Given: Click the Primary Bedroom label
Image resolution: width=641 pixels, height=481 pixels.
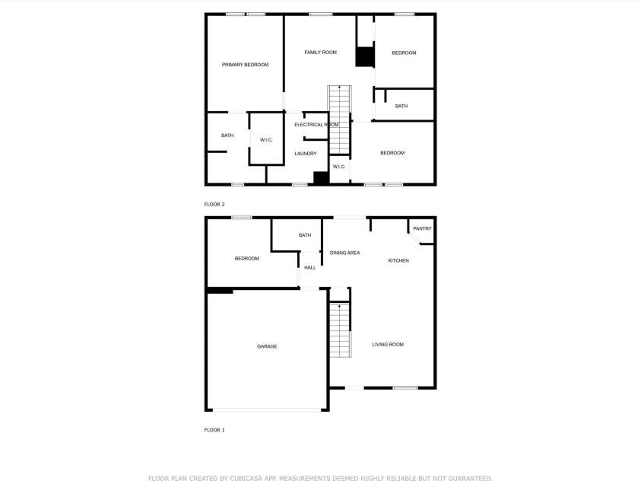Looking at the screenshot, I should [245, 65].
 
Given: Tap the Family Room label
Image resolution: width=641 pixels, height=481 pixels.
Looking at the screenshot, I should [320, 53].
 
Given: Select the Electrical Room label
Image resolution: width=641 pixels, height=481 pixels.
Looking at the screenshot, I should [316, 125].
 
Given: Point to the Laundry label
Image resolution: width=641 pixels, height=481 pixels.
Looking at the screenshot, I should [305, 154].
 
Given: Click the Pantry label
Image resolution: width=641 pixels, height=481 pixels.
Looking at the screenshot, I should [422, 228].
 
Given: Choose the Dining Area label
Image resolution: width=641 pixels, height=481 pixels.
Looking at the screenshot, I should [344, 253].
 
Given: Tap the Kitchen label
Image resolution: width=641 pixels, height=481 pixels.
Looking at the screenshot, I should [398, 261].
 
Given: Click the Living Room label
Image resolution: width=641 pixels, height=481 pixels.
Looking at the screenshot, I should [388, 345].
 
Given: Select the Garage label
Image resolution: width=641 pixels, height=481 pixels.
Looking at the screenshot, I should [267, 346].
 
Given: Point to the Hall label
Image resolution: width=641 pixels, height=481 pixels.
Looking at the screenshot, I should [310, 268].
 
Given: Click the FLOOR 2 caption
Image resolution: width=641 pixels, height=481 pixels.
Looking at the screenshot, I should [214, 205].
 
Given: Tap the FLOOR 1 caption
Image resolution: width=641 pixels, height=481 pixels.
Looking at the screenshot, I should [214, 430].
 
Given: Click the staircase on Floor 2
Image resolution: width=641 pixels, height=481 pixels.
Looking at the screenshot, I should [340, 118].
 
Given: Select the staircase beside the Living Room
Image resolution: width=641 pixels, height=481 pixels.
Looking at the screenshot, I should [340, 330].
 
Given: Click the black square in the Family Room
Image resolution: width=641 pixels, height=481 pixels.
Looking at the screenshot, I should [366, 57].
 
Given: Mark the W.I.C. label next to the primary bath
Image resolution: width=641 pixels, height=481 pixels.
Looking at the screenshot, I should [266, 139].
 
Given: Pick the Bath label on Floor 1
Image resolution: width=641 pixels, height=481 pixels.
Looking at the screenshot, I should [305, 235].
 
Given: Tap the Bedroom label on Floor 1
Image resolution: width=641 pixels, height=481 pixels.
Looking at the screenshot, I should [246, 259].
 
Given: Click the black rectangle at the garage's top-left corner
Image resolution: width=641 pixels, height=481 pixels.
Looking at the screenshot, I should [220, 290].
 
